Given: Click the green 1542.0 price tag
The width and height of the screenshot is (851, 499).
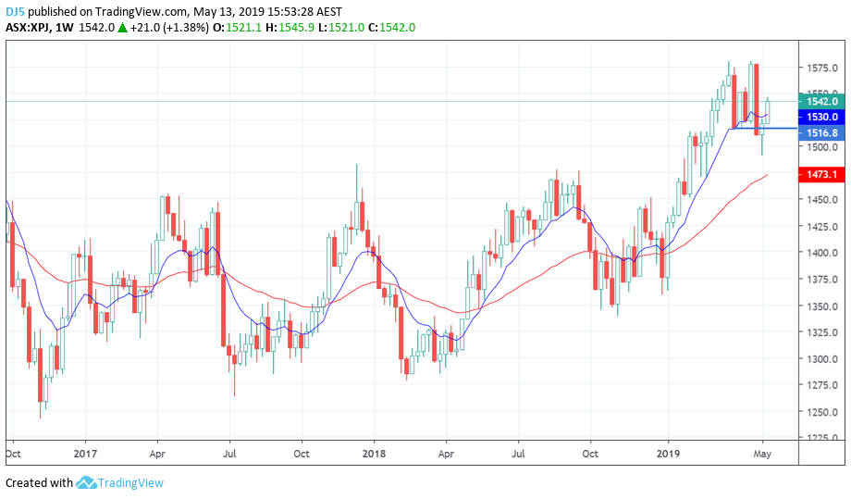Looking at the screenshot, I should pyautogui.click(x=821, y=101).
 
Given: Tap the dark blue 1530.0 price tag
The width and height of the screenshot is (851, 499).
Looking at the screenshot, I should pyautogui.click(x=821, y=118).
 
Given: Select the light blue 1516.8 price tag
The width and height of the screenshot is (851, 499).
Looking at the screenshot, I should pyautogui.click(x=821, y=133).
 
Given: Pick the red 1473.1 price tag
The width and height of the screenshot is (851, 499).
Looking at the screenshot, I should pyautogui.click(x=821, y=174).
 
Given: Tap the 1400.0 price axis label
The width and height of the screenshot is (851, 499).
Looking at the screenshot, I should pyautogui.click(x=821, y=253).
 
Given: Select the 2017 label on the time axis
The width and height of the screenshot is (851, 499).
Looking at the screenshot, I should pyautogui.click(x=85, y=455).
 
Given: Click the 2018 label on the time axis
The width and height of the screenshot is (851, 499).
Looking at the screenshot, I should pyautogui.click(x=374, y=455).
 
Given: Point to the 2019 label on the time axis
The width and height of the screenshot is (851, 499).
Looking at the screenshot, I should pyautogui.click(x=668, y=455).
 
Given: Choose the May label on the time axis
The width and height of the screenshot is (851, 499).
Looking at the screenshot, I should pyautogui.click(x=763, y=455).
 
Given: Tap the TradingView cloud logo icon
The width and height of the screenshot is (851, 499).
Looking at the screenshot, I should pyautogui.click(x=86, y=482).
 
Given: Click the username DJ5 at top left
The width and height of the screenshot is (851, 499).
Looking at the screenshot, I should pyautogui.click(x=15, y=11).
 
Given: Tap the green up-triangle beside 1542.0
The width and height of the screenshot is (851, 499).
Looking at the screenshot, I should pyautogui.click(x=122, y=28).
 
